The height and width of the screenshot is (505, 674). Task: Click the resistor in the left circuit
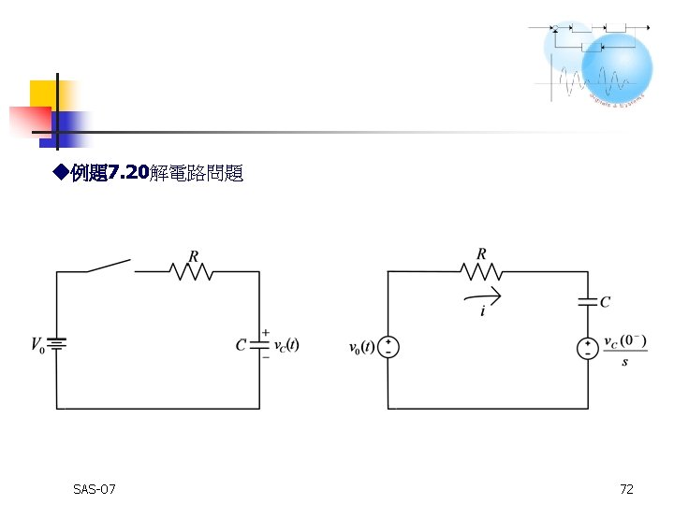(192, 271)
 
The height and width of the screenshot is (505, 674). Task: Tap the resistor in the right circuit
(481, 271)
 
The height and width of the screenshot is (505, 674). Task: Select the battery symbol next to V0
(56, 345)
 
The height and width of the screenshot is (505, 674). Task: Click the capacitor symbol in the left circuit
(259, 344)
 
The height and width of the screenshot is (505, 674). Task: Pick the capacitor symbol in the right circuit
(588, 301)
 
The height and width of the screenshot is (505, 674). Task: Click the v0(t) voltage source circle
(388, 348)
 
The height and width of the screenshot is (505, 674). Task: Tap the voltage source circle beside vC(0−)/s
(588, 348)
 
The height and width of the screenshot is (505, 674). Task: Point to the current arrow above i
(484, 296)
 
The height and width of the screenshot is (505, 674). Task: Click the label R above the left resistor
(194, 254)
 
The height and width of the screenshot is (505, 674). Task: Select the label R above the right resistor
(481, 253)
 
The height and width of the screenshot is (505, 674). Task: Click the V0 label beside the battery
(37, 346)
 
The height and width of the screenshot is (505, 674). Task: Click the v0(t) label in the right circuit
(360, 348)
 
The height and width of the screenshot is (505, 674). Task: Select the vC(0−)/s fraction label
(625, 349)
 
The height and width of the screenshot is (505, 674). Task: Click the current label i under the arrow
(483, 311)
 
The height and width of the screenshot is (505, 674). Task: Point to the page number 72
(626, 489)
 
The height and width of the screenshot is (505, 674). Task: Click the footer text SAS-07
(94, 489)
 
